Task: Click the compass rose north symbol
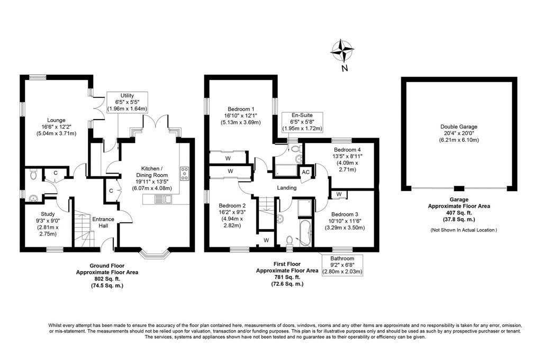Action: tap(342, 52)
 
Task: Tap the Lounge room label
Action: tap(51, 120)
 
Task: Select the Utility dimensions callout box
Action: tap(127, 101)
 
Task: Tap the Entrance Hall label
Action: tap(100, 222)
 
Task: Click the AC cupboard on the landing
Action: tap(305, 172)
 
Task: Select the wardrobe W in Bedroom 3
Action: tap(338, 194)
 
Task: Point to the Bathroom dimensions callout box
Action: tap(343, 265)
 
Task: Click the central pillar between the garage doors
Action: tap(459, 188)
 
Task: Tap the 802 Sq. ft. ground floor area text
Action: tap(107, 278)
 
